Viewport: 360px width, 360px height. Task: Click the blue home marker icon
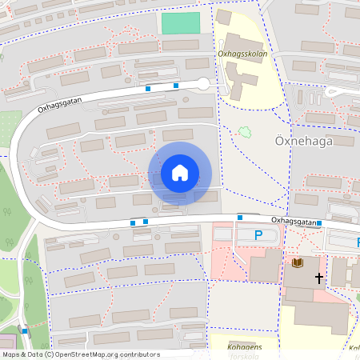click(x=179, y=173)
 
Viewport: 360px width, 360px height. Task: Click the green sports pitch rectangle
click(x=181, y=23)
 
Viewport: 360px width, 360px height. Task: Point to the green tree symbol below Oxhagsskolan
click(x=243, y=131)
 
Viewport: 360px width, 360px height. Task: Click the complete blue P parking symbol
click(x=258, y=234)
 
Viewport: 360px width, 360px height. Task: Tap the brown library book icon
click(x=298, y=262)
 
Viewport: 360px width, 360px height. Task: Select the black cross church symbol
click(x=319, y=278)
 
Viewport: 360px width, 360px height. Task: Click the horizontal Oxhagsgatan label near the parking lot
click(x=294, y=219)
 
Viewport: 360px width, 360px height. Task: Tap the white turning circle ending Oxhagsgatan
click(x=202, y=83)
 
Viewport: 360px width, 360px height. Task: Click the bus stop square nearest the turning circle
click(x=176, y=85)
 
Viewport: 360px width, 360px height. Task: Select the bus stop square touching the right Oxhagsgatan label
click(x=319, y=223)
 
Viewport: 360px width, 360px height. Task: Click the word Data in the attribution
click(x=34, y=354)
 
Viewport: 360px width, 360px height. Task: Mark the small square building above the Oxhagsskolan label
click(x=224, y=17)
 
